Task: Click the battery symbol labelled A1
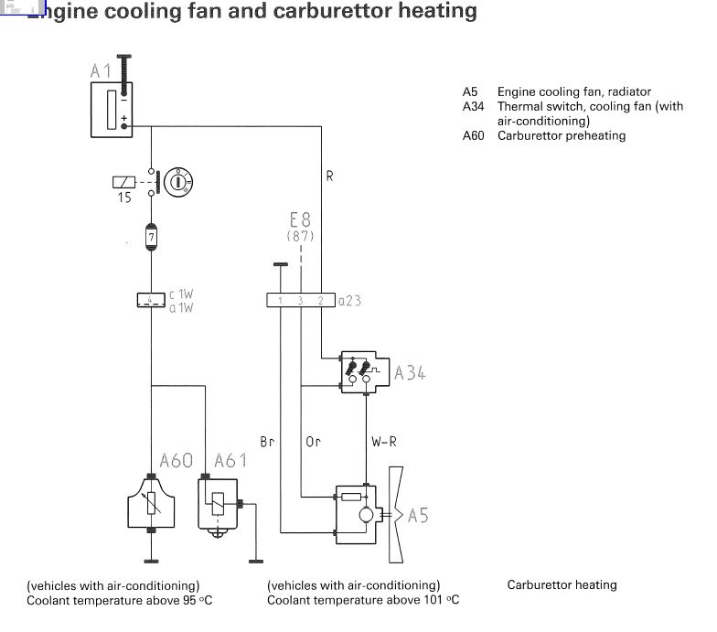(x=112, y=110)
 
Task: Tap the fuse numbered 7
(x=151, y=238)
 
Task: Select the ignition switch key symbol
(x=177, y=181)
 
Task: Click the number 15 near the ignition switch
(x=124, y=197)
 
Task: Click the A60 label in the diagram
(x=177, y=460)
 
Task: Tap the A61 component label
(x=230, y=460)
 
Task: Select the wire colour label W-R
(x=384, y=442)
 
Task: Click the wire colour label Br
(x=267, y=442)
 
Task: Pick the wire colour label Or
(x=314, y=442)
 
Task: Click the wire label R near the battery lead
(x=329, y=177)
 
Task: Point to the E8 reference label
(x=300, y=220)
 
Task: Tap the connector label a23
(x=350, y=300)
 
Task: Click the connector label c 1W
(x=180, y=295)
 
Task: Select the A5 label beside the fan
(x=418, y=515)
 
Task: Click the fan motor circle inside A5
(x=366, y=516)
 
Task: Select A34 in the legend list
(x=473, y=106)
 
